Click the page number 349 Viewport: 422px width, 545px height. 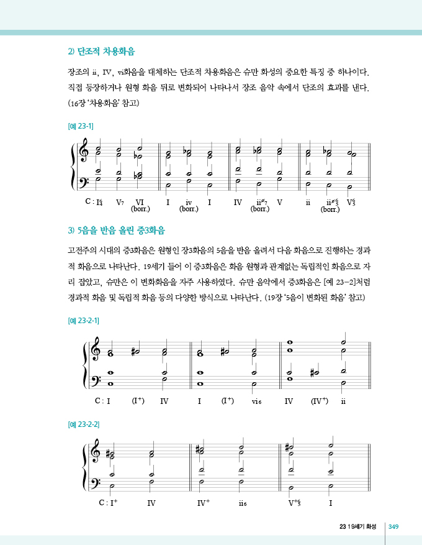pyautogui.click(x=393, y=527)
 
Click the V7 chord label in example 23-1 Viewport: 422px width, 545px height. pyautogui.click(x=120, y=202)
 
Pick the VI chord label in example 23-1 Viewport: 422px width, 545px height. pyautogui.click(x=140, y=202)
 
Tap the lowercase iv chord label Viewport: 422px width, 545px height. pyautogui.click(x=189, y=202)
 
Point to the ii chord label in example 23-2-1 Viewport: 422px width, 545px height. pyautogui.click(x=343, y=401)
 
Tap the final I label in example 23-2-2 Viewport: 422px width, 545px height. pyautogui.click(x=331, y=503)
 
